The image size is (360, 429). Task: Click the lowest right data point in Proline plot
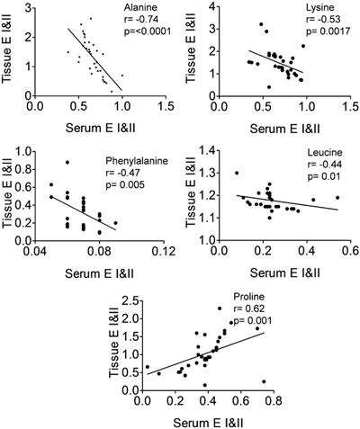264,382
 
